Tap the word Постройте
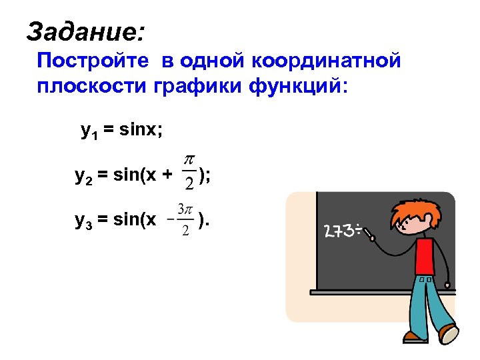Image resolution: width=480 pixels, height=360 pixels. pyautogui.click(x=93, y=61)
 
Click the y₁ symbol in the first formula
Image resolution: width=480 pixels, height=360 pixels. pyautogui.click(x=88, y=131)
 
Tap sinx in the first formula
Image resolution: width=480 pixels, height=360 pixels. pyautogui.click(x=137, y=131)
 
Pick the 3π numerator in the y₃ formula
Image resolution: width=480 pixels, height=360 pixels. pyautogui.click(x=185, y=209)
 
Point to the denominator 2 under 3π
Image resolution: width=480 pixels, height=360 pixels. pyautogui.click(x=185, y=230)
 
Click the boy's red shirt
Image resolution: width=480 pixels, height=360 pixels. pyautogui.click(x=425, y=257)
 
